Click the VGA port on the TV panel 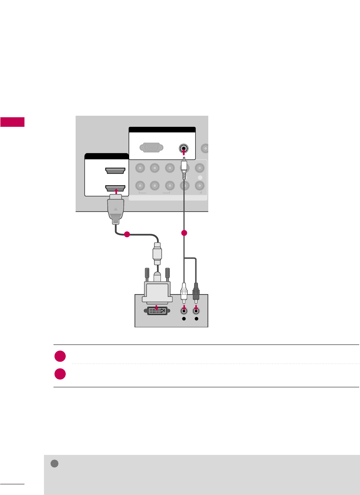pos(152,147)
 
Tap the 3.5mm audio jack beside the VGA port pos(184,148)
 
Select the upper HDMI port pos(115,170)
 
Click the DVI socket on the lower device pos(157,310)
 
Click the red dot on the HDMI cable pos(127,234)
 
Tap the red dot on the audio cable pos(184,233)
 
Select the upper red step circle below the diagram pos(60,356)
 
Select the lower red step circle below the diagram pos(60,374)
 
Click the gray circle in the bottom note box pos(54,463)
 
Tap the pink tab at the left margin pos(12,122)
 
